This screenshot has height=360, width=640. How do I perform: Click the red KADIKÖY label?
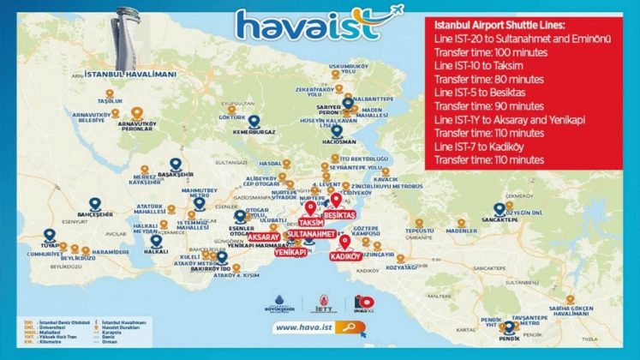344,255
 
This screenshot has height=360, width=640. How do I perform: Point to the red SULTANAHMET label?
309,233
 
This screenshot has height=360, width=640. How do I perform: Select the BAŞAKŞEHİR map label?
175,173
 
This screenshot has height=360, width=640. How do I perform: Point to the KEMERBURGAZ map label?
253,131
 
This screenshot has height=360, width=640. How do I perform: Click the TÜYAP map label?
49,244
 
